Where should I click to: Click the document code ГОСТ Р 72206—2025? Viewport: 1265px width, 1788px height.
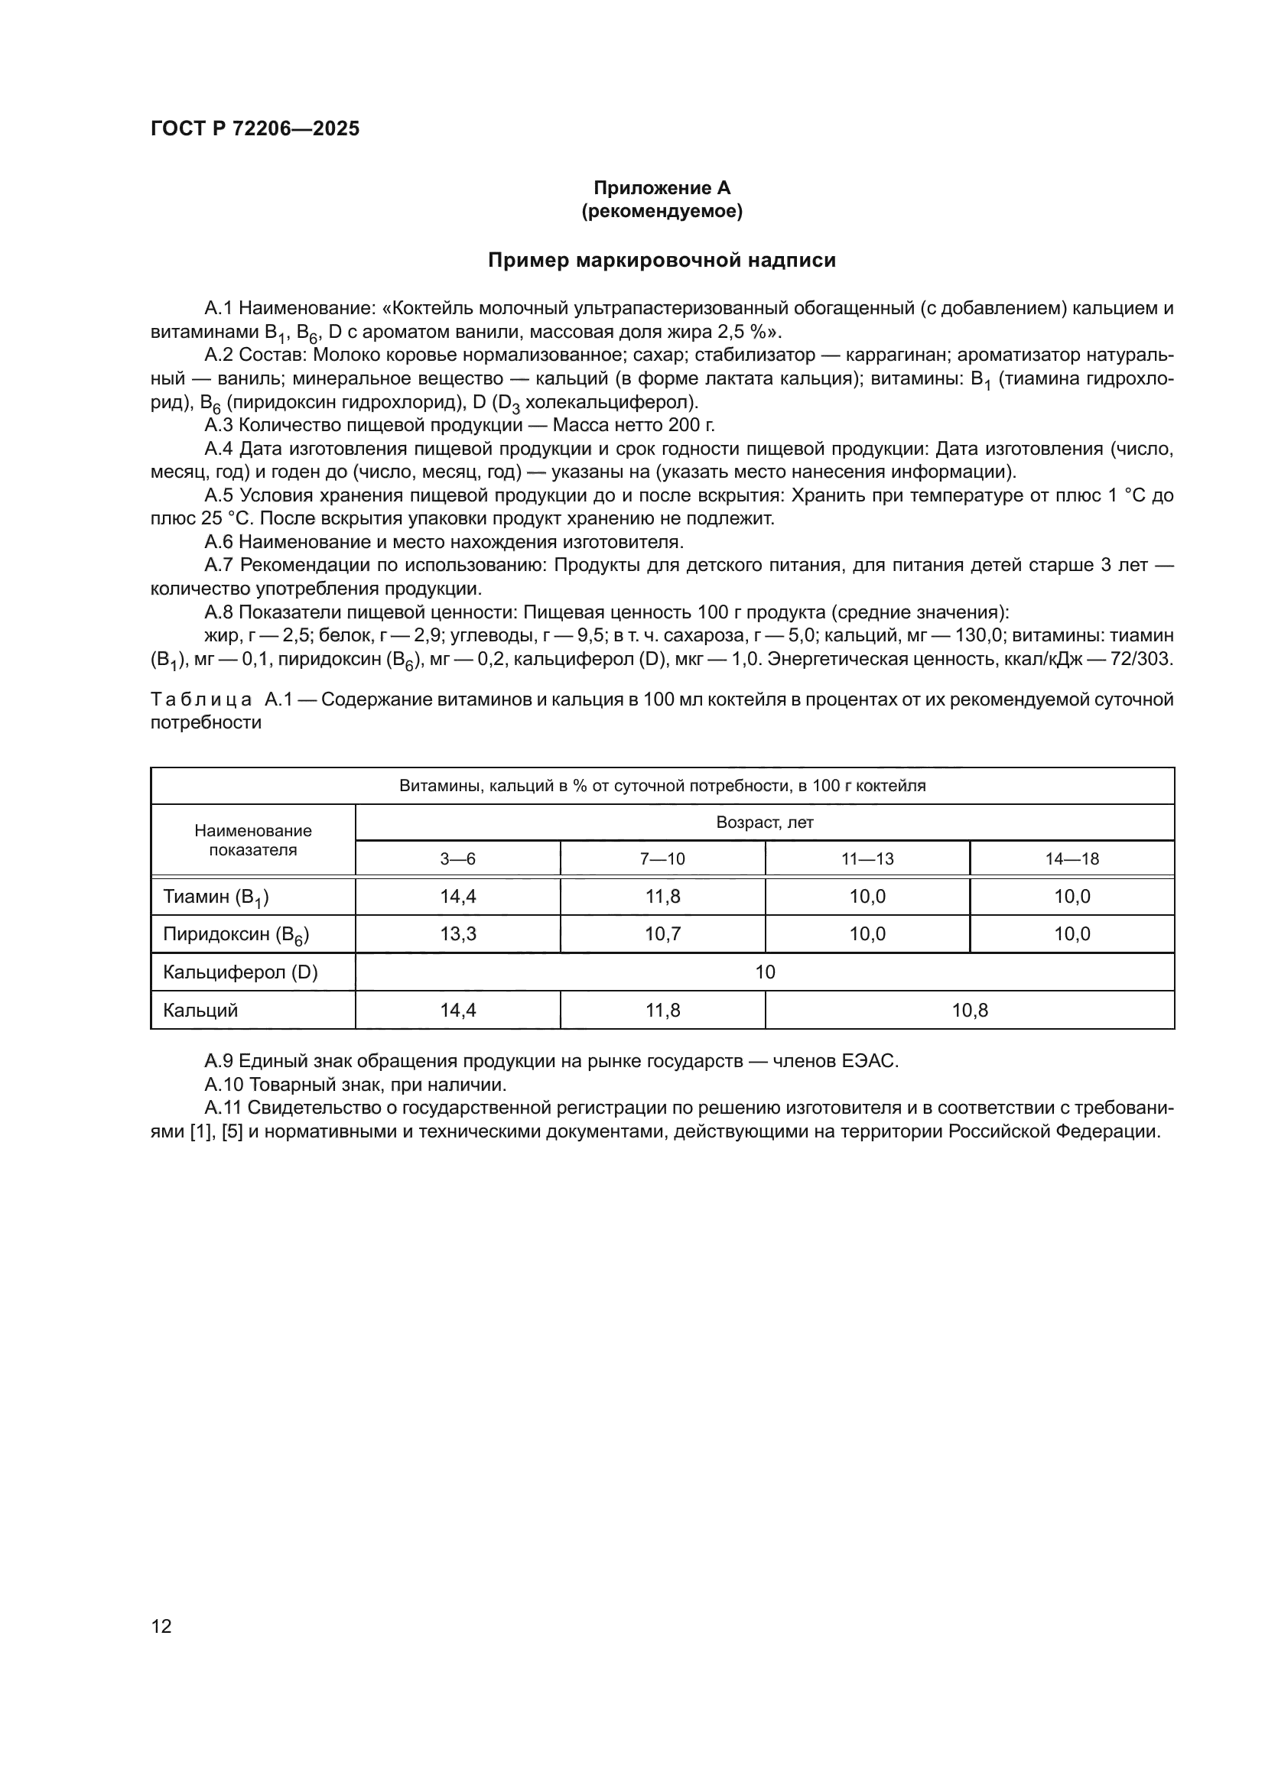click(255, 128)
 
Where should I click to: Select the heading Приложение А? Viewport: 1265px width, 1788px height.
click(662, 188)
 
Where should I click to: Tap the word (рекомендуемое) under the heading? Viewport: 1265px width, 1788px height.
click(662, 211)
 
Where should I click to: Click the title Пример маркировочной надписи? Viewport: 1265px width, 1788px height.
click(662, 260)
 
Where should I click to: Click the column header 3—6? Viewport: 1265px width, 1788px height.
click(457, 859)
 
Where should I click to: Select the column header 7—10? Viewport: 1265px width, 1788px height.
click(662, 859)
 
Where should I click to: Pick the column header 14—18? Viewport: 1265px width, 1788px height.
click(1072, 859)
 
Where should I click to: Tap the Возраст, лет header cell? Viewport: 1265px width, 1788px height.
click(764, 823)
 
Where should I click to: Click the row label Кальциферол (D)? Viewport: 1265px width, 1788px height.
click(240, 972)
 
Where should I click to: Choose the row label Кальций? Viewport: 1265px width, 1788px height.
click(200, 1010)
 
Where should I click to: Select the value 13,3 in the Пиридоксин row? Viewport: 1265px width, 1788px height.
click(457, 933)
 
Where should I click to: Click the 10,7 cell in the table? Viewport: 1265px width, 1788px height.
click(662, 933)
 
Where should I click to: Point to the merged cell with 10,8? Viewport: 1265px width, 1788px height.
click(969, 1010)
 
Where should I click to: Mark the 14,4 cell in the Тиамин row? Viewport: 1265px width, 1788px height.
click(457, 897)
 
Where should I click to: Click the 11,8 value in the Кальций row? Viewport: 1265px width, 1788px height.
click(662, 1010)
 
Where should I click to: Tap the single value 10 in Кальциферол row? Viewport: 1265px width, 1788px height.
click(764, 972)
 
